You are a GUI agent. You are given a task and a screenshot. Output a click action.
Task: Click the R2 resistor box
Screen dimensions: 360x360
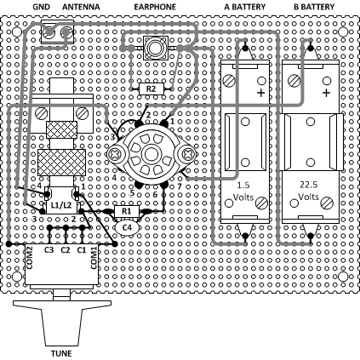pos(151,89)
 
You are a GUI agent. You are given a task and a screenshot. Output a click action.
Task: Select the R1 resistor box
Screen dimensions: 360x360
pos(127,211)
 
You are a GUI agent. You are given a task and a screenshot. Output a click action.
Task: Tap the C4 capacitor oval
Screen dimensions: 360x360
pos(127,227)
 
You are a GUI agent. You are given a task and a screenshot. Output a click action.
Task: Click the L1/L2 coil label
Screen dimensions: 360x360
pos(61,205)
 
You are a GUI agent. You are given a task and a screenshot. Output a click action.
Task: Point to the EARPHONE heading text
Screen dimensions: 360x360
pos(155,7)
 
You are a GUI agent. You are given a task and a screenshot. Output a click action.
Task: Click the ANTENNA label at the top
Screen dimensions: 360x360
pos(81,7)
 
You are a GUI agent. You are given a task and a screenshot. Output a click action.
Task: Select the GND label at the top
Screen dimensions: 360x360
pos(42,7)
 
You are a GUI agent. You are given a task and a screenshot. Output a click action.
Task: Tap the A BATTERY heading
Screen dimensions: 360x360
pos(244,7)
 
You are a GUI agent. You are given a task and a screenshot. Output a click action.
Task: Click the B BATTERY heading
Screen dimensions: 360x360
pos(314,7)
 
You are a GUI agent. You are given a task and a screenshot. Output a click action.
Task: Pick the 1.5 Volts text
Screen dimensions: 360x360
pos(243,191)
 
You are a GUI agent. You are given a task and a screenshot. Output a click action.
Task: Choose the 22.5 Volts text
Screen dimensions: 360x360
pos(309,191)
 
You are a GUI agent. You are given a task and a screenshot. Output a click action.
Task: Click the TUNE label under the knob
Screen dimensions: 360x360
pos(61,353)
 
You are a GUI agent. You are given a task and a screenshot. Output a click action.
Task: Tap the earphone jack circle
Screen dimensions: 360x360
pos(155,48)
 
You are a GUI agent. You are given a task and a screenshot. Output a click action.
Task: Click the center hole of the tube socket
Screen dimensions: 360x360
pos(151,155)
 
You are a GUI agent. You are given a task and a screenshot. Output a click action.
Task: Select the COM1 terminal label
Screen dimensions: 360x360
pos(94,257)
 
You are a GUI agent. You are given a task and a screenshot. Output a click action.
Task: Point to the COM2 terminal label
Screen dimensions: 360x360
pos(30,257)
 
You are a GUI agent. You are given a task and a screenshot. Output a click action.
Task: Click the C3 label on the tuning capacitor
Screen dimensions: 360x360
pos(49,250)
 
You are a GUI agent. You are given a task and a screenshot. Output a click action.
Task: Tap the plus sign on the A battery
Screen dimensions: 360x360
pos(261,93)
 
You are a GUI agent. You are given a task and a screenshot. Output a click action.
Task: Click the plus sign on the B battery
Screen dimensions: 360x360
pos(327,93)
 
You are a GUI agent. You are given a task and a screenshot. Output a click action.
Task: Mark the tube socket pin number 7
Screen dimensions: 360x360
pos(179,186)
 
